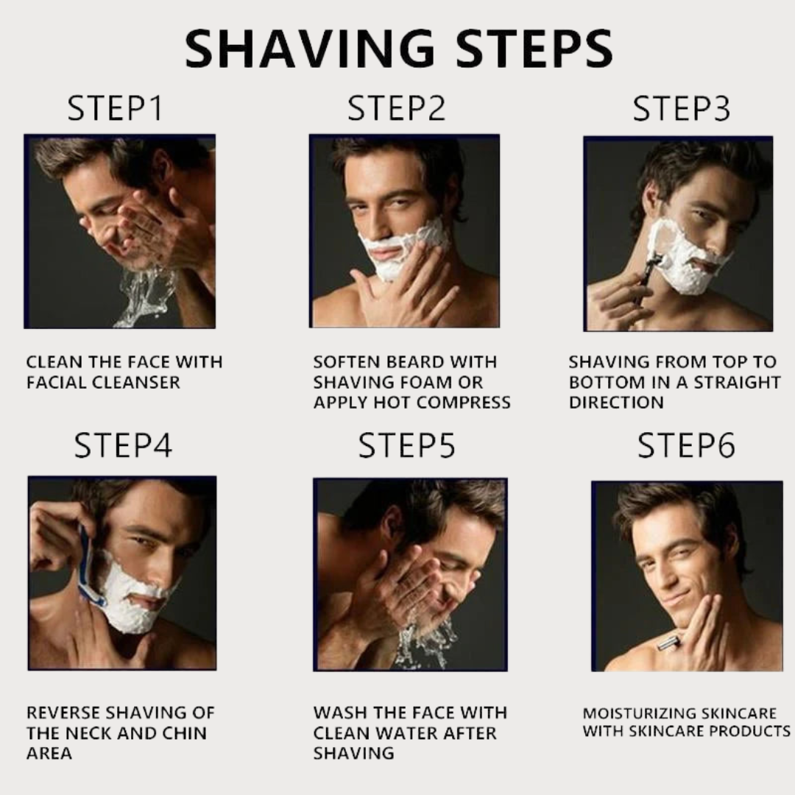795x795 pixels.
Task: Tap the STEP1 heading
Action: [x=115, y=109]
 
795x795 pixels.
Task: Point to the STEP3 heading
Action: [x=682, y=109]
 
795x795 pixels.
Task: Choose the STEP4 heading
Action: [x=123, y=446]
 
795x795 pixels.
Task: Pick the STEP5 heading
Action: [x=406, y=446]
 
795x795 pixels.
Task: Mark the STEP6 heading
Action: [x=686, y=446]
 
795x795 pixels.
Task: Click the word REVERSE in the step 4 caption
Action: [x=64, y=713]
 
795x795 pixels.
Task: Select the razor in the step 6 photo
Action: [x=668, y=643]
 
